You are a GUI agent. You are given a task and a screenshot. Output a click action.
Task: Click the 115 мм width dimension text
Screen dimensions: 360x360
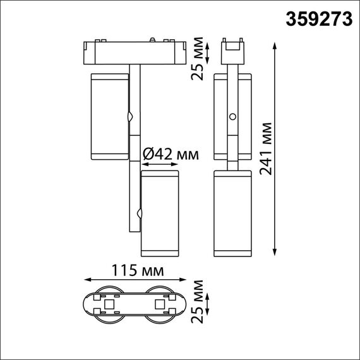point(136,270)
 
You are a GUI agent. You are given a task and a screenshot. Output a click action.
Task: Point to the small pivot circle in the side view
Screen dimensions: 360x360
point(233,117)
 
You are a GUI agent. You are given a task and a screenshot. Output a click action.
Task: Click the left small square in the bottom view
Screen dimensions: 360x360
point(109,305)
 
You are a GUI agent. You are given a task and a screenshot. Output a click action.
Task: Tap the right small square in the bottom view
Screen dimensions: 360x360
point(157,305)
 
